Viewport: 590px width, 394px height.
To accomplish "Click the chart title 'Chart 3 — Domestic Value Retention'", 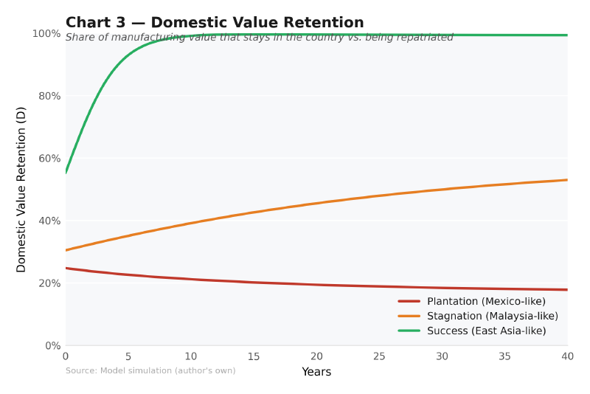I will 215,23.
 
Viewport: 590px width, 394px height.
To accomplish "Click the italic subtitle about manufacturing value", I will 259,38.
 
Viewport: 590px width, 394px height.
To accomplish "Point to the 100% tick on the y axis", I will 46,34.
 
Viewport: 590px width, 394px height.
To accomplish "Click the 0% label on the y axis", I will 51,345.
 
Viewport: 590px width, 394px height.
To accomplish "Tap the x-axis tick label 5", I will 128,356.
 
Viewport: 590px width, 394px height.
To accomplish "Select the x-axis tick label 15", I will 254,356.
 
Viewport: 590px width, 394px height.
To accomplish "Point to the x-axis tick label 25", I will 379,356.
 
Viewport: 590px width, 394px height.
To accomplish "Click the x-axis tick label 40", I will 567,356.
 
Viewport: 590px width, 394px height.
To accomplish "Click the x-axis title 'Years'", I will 316,373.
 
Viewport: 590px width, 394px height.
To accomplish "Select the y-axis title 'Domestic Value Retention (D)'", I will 21,190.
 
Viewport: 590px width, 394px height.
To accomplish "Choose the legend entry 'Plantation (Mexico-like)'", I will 486,301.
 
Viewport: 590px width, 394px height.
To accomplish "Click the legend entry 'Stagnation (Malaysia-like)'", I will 492,316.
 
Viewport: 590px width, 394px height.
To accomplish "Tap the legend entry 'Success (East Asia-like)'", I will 486,331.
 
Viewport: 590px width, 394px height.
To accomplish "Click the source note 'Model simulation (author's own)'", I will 150,370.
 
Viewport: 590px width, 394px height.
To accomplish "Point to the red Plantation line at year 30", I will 442,288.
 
